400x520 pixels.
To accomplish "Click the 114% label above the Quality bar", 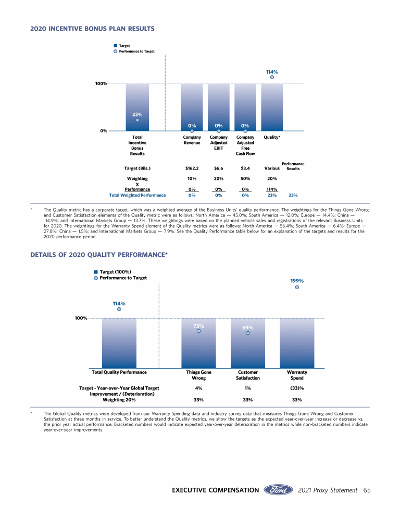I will pyautogui.click(x=271, y=72).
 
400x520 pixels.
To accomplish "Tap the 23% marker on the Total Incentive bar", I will pyautogui.click(x=137, y=120).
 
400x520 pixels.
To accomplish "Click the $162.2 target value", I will pyautogui.click(x=192, y=168).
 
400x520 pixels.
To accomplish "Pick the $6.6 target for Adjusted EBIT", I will pyautogui.click(x=219, y=168).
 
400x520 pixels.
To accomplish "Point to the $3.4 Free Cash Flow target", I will pyautogui.click(x=245, y=168).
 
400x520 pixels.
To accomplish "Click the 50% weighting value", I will pyautogui.click(x=245, y=178).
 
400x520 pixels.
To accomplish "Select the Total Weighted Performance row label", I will pyautogui.click(x=137, y=196).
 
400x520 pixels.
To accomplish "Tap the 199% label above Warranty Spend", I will pyautogui.click(x=297, y=281).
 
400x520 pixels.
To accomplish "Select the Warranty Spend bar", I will pyautogui.click(x=297, y=343).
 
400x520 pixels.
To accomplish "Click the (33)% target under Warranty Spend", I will pyautogui.click(x=297, y=388).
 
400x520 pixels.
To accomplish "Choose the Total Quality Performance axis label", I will pyautogui.click(x=119, y=372).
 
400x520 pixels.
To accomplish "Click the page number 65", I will pyautogui.click(x=367, y=490).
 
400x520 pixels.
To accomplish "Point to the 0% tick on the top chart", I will pyautogui.click(x=104, y=131).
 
